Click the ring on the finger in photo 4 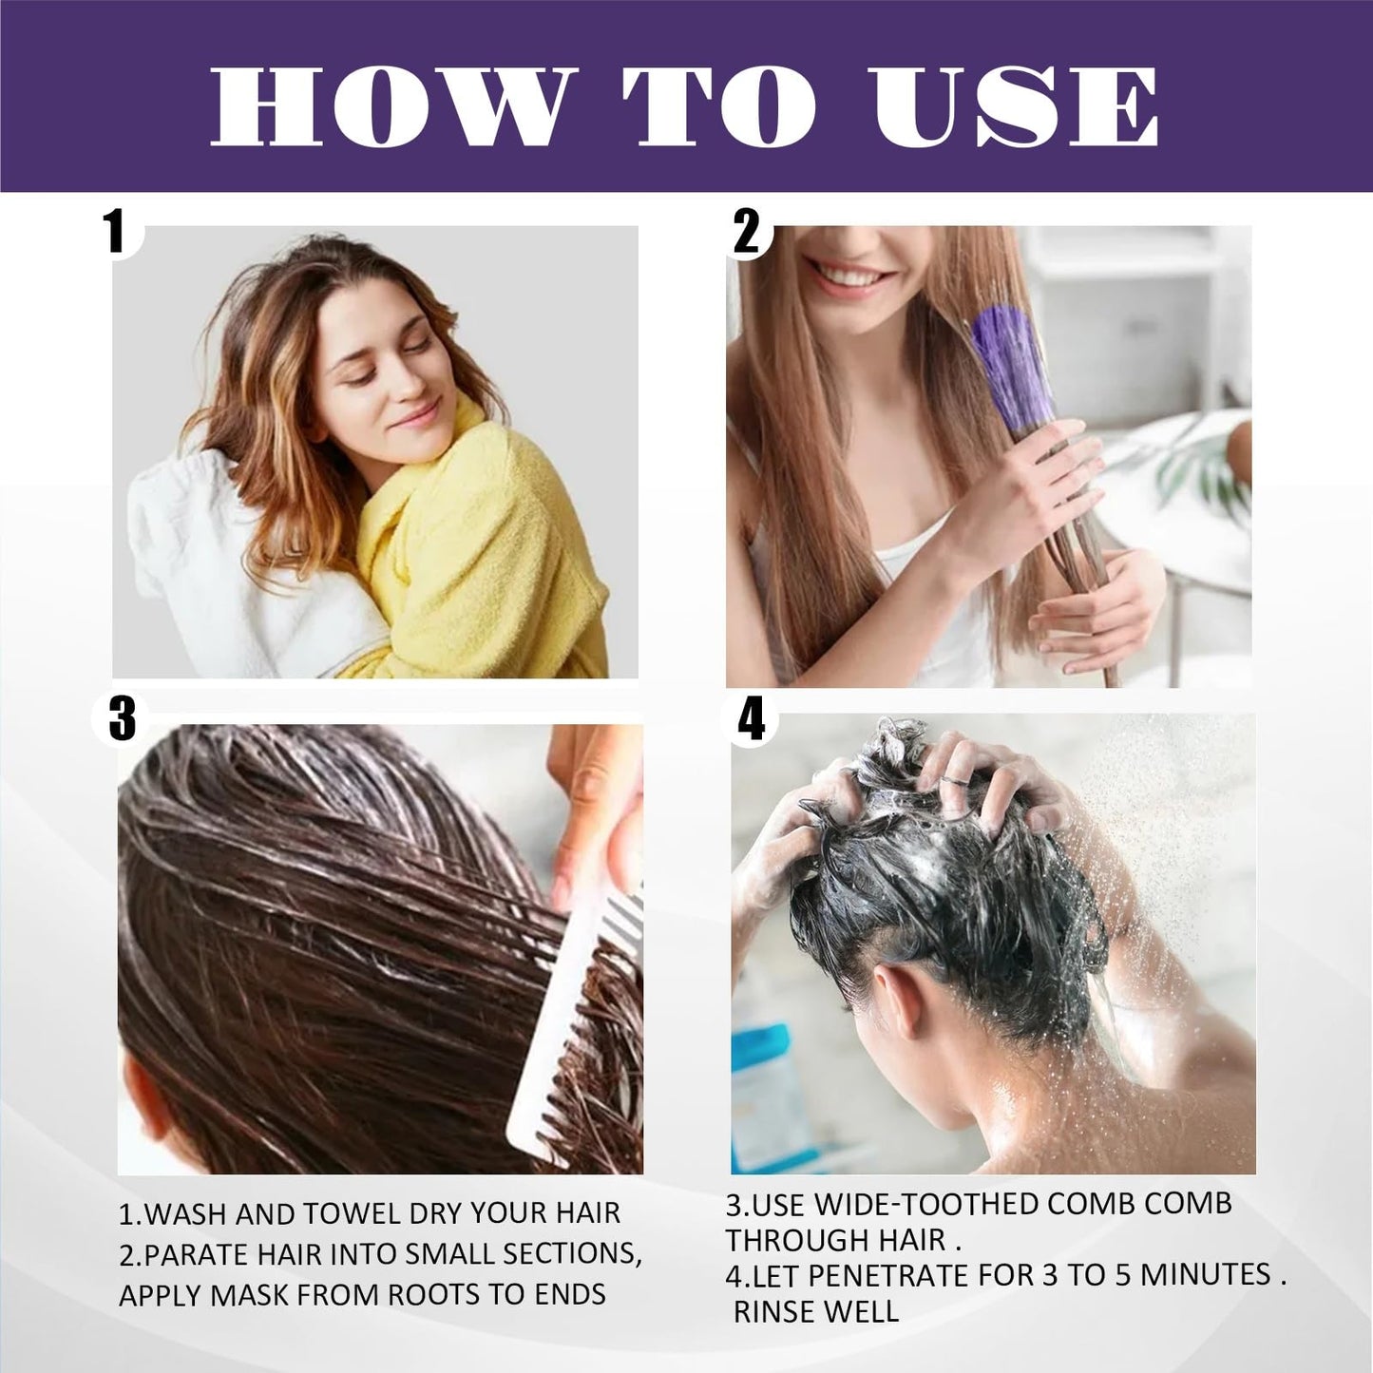[x=950, y=782]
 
